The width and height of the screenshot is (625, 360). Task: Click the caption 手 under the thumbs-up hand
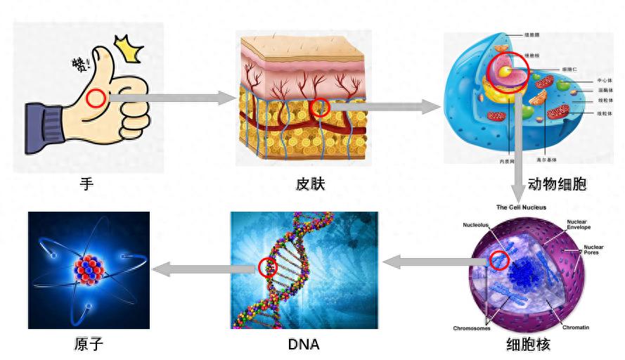click(86, 184)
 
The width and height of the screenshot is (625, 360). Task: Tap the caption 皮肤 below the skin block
click(310, 184)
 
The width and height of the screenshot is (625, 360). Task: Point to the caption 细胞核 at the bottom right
click(528, 344)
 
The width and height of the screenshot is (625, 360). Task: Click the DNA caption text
click(304, 345)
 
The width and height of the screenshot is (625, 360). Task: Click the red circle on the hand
click(96, 98)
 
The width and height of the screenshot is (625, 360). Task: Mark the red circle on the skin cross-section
click(320, 108)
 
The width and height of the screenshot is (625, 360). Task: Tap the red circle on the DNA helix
click(268, 267)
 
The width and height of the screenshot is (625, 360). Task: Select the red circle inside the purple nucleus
click(498, 261)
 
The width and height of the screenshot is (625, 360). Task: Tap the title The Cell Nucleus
click(521, 207)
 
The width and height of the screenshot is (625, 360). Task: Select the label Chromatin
click(576, 328)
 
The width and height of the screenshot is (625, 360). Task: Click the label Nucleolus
click(476, 226)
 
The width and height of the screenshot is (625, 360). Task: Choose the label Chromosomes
click(472, 328)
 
